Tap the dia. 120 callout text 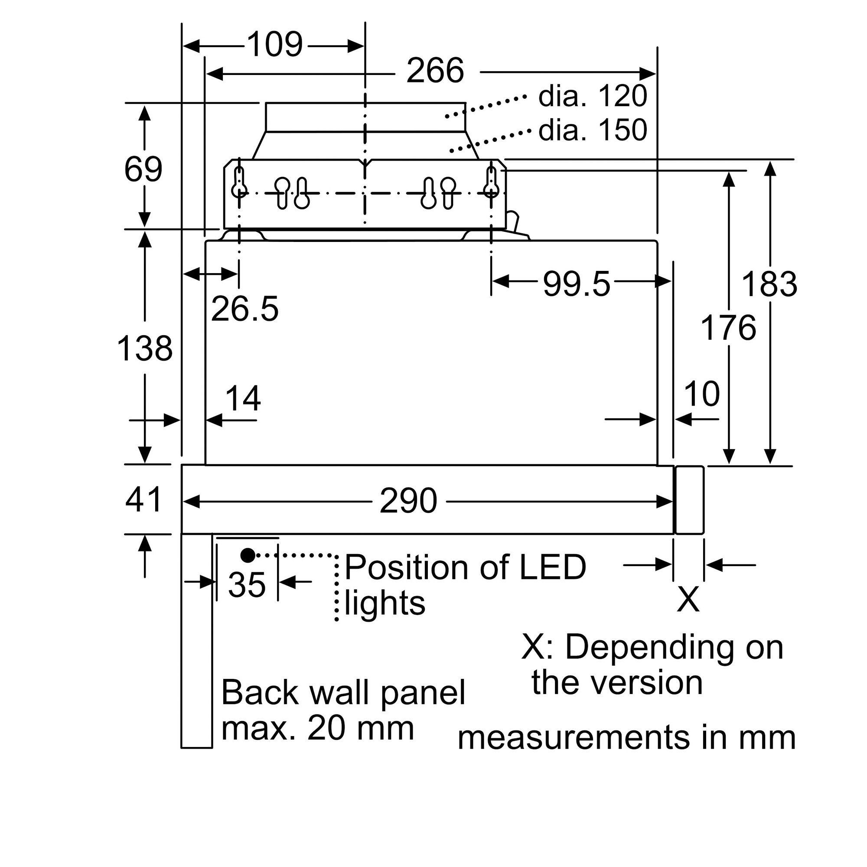pyautogui.click(x=592, y=96)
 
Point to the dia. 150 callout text pyautogui.click(x=592, y=130)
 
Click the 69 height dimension pyautogui.click(x=143, y=169)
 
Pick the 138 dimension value pyautogui.click(x=144, y=349)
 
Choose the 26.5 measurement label pyautogui.click(x=244, y=309)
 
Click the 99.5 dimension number pyautogui.click(x=576, y=284)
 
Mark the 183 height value pyautogui.click(x=769, y=284)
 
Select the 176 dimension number pyautogui.click(x=728, y=328)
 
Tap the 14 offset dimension pyautogui.click(x=243, y=398)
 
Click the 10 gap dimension pyautogui.click(x=701, y=394)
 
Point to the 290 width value pyautogui.click(x=408, y=501)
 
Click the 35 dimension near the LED pyautogui.click(x=247, y=584)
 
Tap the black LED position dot pyautogui.click(x=248, y=556)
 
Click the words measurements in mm pyautogui.click(x=626, y=737)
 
